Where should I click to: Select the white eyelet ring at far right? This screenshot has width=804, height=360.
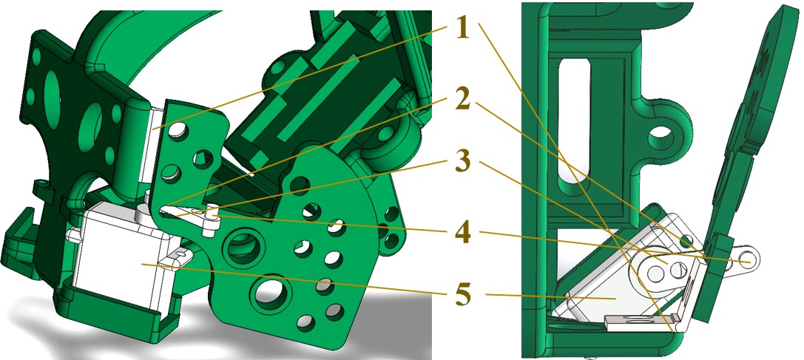(x=749, y=259)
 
